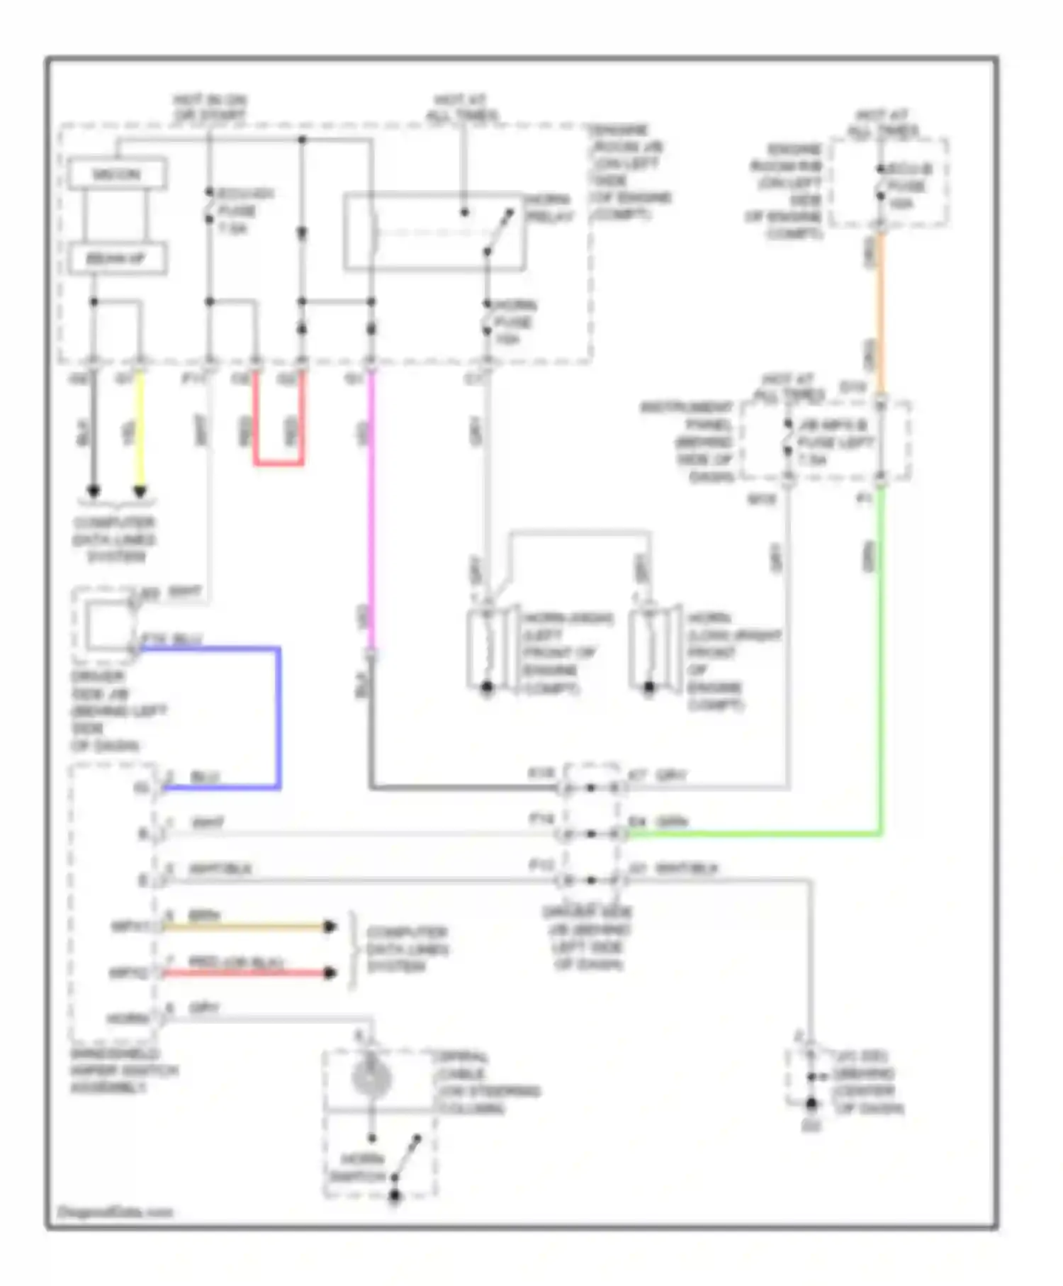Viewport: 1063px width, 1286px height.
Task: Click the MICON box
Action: (117, 174)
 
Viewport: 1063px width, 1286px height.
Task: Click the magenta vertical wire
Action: (371, 510)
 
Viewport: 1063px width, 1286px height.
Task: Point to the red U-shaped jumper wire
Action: (279, 464)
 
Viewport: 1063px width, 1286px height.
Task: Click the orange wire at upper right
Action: (880, 312)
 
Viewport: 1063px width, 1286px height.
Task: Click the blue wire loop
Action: (279, 716)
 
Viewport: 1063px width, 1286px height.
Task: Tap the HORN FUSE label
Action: (514, 323)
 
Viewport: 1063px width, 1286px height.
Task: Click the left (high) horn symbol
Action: (489, 649)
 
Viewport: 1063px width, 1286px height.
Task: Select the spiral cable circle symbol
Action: (371, 1078)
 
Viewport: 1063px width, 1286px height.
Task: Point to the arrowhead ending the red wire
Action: (330, 973)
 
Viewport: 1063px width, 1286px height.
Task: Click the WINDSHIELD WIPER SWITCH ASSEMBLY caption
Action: (124, 1070)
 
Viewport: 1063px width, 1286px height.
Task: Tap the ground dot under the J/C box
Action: (812, 1104)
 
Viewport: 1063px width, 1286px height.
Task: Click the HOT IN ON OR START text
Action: (210, 107)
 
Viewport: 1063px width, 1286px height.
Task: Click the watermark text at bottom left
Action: (115, 1212)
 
